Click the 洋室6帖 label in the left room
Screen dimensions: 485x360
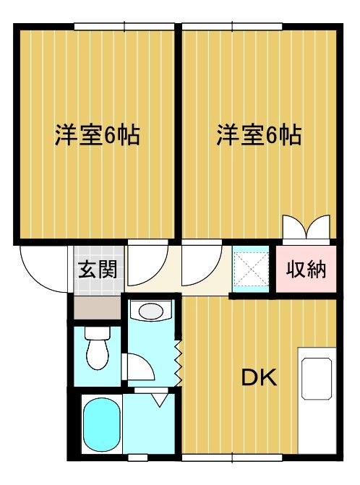pos(97,135)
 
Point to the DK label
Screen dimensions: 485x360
pos(258,377)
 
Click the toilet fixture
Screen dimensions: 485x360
pos(95,348)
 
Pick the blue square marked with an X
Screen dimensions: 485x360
pos(250,268)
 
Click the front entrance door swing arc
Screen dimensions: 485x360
pos(43,267)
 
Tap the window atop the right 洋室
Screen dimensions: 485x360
pos(231,27)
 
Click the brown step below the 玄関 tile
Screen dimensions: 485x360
pos(97,307)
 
